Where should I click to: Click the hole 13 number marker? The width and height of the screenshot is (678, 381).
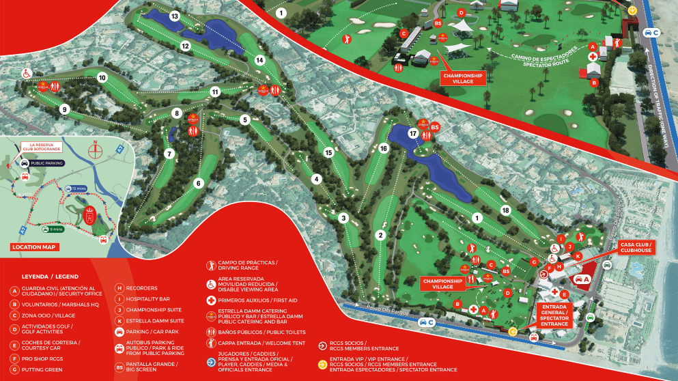click(175, 16)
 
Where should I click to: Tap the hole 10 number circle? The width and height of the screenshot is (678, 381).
click(102, 78)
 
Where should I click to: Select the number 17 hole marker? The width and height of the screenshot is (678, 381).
click(413, 134)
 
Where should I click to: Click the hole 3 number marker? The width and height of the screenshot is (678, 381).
click(344, 218)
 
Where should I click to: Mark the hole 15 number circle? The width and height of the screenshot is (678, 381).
click(328, 153)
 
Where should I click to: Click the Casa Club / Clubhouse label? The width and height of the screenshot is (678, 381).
click(636, 246)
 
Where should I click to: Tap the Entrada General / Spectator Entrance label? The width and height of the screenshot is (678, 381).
click(554, 315)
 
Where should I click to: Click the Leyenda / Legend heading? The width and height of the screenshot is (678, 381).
click(50, 277)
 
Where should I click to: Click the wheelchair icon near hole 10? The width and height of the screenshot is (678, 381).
click(28, 72)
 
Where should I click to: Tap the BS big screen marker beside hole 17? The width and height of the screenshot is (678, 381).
click(434, 126)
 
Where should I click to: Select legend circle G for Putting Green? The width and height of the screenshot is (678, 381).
click(14, 370)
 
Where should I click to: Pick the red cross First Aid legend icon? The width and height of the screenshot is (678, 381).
click(212, 300)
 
